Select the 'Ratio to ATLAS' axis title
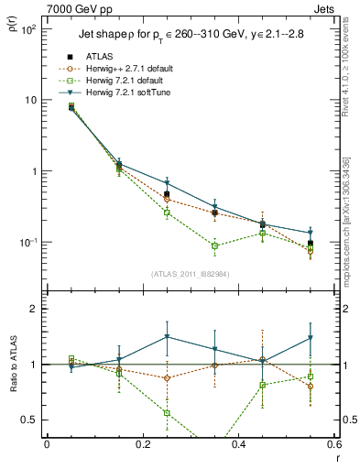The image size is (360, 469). (16, 390)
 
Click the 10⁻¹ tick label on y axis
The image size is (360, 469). (27, 242)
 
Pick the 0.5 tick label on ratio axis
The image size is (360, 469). (29, 420)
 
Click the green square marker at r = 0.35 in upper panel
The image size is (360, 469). (215, 245)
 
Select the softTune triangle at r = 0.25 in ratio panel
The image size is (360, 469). (167, 337)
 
